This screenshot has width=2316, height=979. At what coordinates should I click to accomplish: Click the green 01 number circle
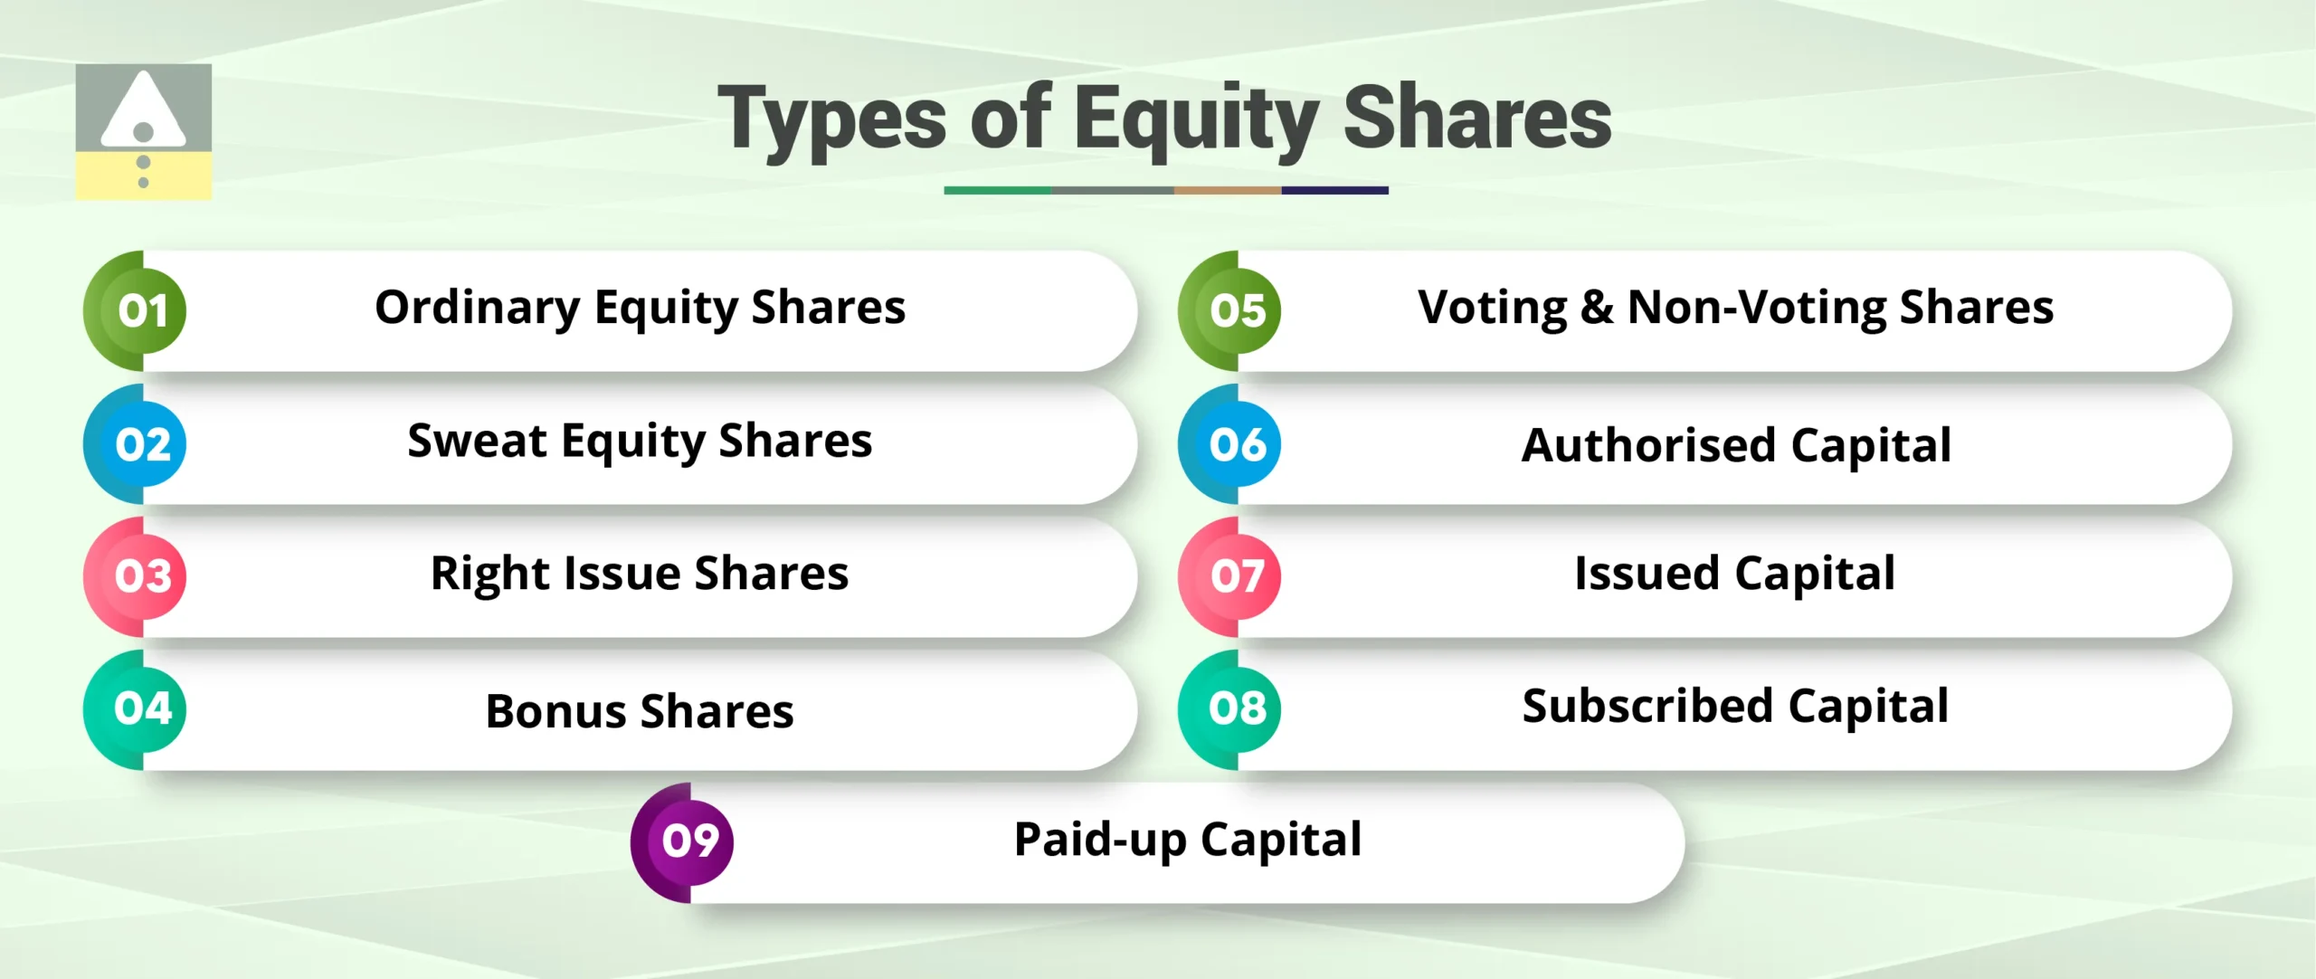click(143, 310)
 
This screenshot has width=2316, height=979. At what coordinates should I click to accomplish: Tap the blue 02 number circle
click(143, 443)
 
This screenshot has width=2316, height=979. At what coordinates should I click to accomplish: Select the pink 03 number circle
click(143, 575)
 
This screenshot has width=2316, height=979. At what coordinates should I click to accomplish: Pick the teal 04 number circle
click(143, 708)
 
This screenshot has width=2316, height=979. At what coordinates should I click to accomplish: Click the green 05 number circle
click(1238, 310)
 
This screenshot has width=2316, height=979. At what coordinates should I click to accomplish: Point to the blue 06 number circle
click(1238, 443)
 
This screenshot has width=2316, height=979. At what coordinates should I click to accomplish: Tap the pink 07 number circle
click(1238, 575)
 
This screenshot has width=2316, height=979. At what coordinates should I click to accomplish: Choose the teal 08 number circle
click(1238, 708)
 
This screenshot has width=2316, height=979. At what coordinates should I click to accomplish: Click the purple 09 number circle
click(690, 841)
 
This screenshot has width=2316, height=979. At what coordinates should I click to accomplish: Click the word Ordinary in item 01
click(477, 309)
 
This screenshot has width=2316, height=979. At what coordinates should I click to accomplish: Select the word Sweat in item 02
click(477, 441)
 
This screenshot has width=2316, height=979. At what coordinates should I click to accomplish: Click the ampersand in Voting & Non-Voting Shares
click(1597, 308)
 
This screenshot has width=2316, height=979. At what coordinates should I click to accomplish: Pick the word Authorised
click(1648, 445)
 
